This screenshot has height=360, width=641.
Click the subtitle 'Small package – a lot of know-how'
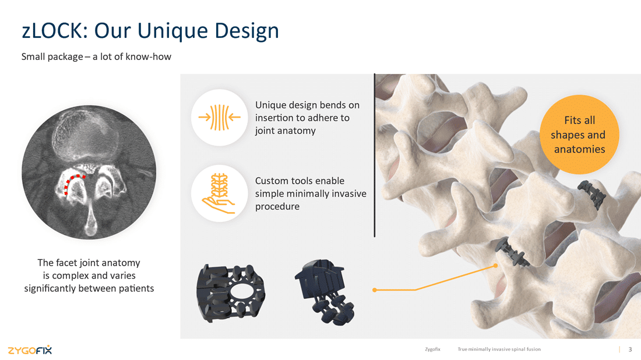click(96, 57)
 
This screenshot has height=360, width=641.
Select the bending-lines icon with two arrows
click(220, 117)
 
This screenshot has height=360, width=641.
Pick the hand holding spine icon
click(219, 192)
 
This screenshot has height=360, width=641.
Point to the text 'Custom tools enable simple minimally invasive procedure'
click(311, 193)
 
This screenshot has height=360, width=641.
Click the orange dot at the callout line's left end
click(374, 290)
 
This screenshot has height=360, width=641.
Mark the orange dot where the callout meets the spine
click(495, 266)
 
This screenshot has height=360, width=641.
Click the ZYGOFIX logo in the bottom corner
click(30, 350)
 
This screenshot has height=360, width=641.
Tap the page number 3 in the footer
click(630, 350)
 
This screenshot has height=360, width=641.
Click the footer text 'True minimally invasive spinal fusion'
click(499, 350)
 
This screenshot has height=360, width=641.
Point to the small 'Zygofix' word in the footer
click(432, 350)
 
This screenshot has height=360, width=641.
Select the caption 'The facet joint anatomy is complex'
click(89, 276)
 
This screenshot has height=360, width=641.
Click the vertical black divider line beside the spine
click(374, 155)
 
